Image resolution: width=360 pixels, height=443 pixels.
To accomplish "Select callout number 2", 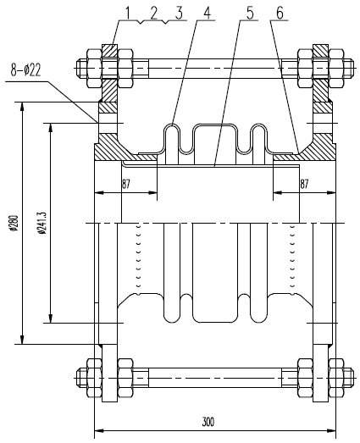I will (153, 12).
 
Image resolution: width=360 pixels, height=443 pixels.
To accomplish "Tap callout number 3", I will (180, 12).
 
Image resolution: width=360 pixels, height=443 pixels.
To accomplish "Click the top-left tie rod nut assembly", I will (108, 64).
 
